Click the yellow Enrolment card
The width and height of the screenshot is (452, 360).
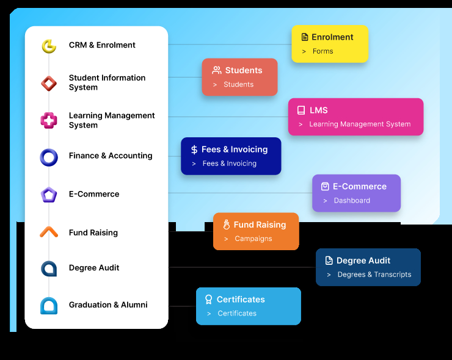[x=330, y=44]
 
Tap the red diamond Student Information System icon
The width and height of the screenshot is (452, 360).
[x=49, y=83]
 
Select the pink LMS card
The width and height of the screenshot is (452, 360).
[x=355, y=117]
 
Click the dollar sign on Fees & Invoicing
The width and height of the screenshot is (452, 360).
[x=194, y=149]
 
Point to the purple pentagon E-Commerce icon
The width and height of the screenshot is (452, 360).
[x=49, y=195]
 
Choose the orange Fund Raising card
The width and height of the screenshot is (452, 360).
[x=256, y=231]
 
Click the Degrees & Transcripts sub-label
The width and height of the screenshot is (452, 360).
[x=374, y=275]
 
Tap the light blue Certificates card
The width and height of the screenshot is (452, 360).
[x=249, y=306]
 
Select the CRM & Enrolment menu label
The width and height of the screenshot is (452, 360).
[x=102, y=45]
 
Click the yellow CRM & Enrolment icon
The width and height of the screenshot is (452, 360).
[x=49, y=46]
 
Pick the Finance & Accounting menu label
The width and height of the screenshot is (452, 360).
[x=111, y=156]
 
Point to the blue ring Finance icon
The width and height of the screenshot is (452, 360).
[x=49, y=157]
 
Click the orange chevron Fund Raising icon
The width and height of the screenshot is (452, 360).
[x=49, y=232]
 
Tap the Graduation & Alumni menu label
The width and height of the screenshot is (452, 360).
[x=108, y=304]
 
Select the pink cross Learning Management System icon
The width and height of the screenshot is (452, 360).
[x=49, y=121]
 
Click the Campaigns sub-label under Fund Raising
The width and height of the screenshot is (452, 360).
[x=253, y=239]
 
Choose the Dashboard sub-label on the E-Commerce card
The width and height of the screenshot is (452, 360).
[x=352, y=200]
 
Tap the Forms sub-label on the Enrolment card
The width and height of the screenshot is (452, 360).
[x=323, y=51]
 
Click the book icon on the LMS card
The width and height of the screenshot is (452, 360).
[x=301, y=110]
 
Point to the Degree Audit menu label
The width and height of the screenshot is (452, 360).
[x=94, y=268]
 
